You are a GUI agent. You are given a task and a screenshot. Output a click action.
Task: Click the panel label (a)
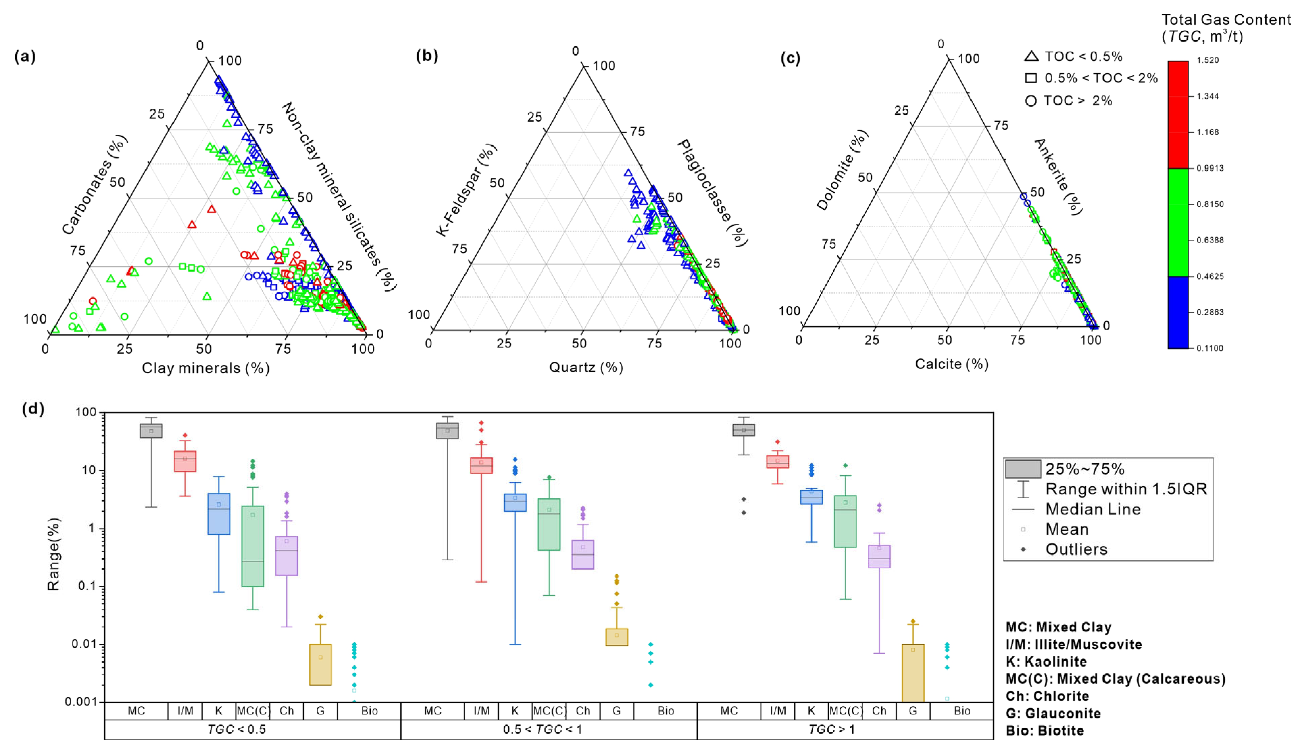coord(25,57)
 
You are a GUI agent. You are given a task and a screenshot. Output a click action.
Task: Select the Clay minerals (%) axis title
coord(206,368)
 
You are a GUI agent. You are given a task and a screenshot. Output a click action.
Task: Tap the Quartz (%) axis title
coord(586,367)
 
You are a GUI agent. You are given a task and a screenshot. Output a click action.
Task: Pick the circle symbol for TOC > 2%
coord(1031,101)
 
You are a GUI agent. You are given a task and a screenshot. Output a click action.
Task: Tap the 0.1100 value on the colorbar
coord(1209,348)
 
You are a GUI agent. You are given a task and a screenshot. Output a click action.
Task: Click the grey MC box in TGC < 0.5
coord(151,431)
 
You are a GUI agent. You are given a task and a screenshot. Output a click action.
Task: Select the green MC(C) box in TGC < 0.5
coord(252,546)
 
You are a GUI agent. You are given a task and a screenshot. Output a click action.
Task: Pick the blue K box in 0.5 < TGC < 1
coord(515,502)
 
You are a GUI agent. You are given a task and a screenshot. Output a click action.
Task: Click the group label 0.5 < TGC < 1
coord(542,729)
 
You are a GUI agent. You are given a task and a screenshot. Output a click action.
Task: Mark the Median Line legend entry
coord(1093,509)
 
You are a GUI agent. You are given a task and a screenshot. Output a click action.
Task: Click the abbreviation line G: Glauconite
coord(1053,714)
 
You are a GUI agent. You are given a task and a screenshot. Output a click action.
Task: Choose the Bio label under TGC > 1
coord(962,711)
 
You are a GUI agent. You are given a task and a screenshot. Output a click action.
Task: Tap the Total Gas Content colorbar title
coord(1226,28)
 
